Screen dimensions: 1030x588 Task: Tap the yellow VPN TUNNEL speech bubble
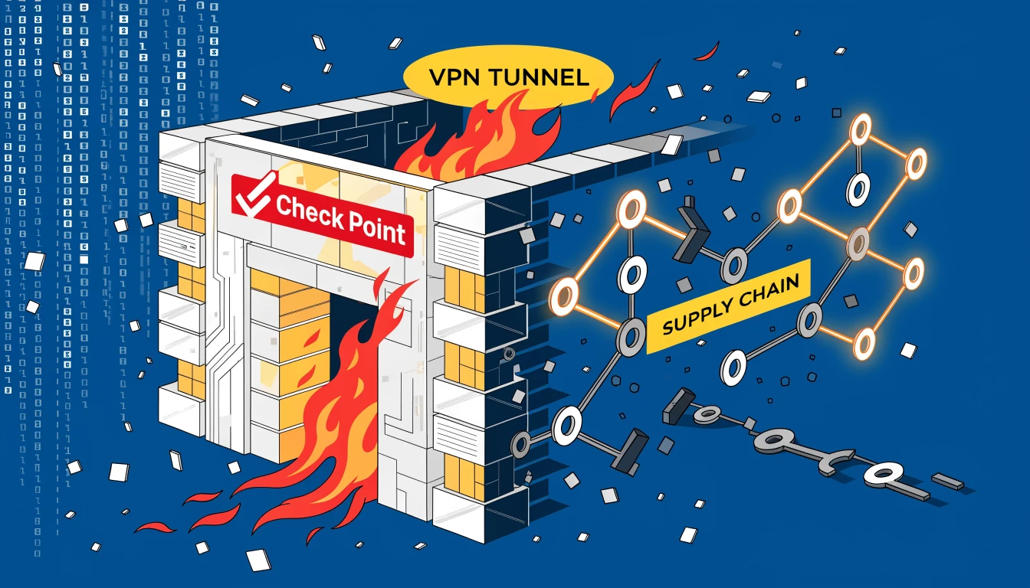pos(507,77)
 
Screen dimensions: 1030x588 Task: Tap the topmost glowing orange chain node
pos(861,129)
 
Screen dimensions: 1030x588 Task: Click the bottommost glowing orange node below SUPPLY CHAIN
pos(864,343)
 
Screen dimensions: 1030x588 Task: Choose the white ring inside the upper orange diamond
pos(858,189)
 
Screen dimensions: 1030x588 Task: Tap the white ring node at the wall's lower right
pos(566,425)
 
